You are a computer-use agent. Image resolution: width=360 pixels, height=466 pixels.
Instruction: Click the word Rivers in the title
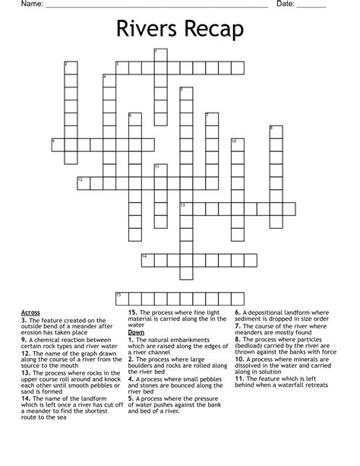[x=147, y=30]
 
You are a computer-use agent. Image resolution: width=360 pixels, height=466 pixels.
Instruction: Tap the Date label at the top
[x=285, y=5]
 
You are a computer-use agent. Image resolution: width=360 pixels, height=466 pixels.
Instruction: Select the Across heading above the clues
[x=31, y=312]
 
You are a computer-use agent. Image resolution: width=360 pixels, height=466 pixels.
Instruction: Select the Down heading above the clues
[x=136, y=332]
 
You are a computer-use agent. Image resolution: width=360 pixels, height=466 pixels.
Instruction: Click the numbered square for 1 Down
[x=160, y=55]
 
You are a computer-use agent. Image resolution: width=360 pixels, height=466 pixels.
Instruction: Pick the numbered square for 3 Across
[x=122, y=68]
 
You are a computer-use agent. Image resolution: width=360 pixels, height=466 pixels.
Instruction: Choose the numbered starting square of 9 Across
[x=57, y=144]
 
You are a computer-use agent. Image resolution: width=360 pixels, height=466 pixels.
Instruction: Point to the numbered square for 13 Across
[x=186, y=208]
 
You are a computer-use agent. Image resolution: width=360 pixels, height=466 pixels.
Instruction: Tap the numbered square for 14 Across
[x=147, y=260]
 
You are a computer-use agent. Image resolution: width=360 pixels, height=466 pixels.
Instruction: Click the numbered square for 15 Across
[x=122, y=298]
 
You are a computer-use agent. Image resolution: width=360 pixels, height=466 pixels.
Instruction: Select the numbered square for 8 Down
[x=276, y=132]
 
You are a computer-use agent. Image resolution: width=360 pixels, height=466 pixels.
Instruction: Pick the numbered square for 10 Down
[x=237, y=144]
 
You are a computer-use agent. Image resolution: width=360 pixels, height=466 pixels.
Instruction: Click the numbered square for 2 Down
[x=70, y=68]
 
